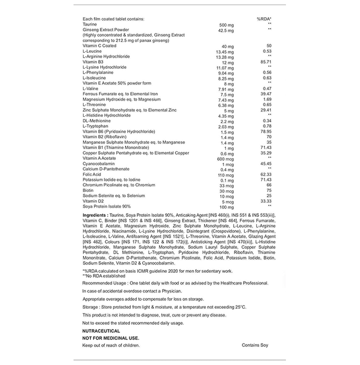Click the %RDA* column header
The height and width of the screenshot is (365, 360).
pyautogui.click(x=265, y=19)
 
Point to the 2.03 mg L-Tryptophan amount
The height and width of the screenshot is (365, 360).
pyautogui.click(x=226, y=126)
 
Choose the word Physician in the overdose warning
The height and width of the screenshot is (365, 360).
pyautogui.click(x=161, y=290)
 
